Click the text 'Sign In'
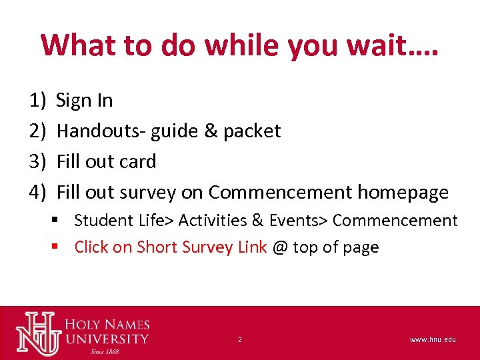pyautogui.click(x=85, y=101)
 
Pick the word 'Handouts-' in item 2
pyautogui.click(x=101, y=131)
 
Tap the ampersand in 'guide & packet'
pyautogui.click(x=211, y=131)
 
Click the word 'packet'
pyautogui.click(x=252, y=131)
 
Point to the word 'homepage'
pyautogui.click(x=403, y=192)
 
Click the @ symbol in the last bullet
pyautogui.click(x=280, y=247)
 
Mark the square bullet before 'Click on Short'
pyautogui.click(x=57, y=247)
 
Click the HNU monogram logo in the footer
pyautogui.click(x=38, y=333)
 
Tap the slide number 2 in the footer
pyautogui.click(x=239, y=340)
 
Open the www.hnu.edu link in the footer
pyautogui.click(x=433, y=340)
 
